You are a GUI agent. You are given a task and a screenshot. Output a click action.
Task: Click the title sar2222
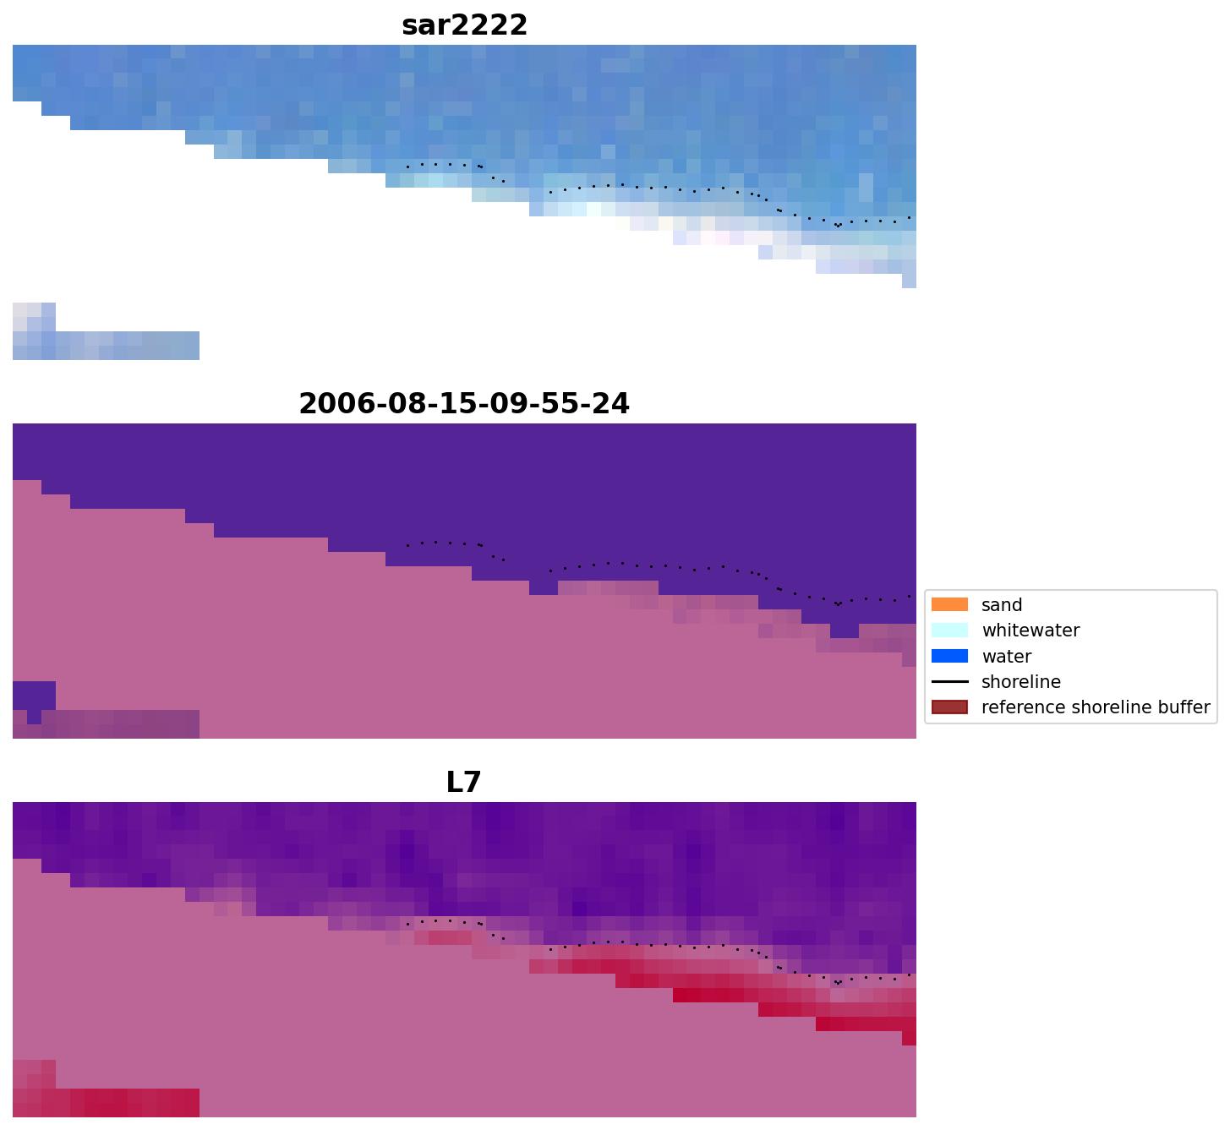click(x=464, y=25)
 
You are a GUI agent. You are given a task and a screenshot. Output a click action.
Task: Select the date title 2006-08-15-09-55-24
click(x=464, y=403)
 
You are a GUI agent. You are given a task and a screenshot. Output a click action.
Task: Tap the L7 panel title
click(x=463, y=782)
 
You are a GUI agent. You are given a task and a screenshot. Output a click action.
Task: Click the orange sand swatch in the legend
click(x=949, y=604)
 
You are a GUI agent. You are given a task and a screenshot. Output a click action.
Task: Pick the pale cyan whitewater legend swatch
click(x=949, y=630)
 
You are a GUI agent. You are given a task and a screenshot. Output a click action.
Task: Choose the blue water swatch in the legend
click(x=949, y=656)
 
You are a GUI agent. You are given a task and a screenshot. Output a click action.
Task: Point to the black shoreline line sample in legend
click(x=949, y=681)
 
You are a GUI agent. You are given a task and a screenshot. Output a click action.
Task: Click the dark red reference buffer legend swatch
click(x=949, y=707)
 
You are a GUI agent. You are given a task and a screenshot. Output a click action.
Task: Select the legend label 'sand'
click(x=1002, y=605)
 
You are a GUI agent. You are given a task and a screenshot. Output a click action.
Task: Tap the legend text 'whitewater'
click(x=1030, y=631)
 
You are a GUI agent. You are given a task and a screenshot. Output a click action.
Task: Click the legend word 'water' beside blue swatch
click(x=1006, y=657)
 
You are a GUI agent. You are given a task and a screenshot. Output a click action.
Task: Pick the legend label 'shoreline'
click(x=1020, y=682)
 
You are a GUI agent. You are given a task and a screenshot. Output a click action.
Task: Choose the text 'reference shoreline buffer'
click(x=1095, y=707)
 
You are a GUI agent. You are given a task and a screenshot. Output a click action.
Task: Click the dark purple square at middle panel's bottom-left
click(x=34, y=696)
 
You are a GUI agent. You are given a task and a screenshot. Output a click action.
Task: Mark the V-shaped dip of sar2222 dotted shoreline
click(x=838, y=226)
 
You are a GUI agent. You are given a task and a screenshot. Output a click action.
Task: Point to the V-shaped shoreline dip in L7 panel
click(x=838, y=983)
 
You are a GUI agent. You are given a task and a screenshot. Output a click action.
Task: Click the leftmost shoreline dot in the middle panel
click(x=407, y=545)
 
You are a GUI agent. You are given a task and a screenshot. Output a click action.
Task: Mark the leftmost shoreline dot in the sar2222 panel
click(x=407, y=166)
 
